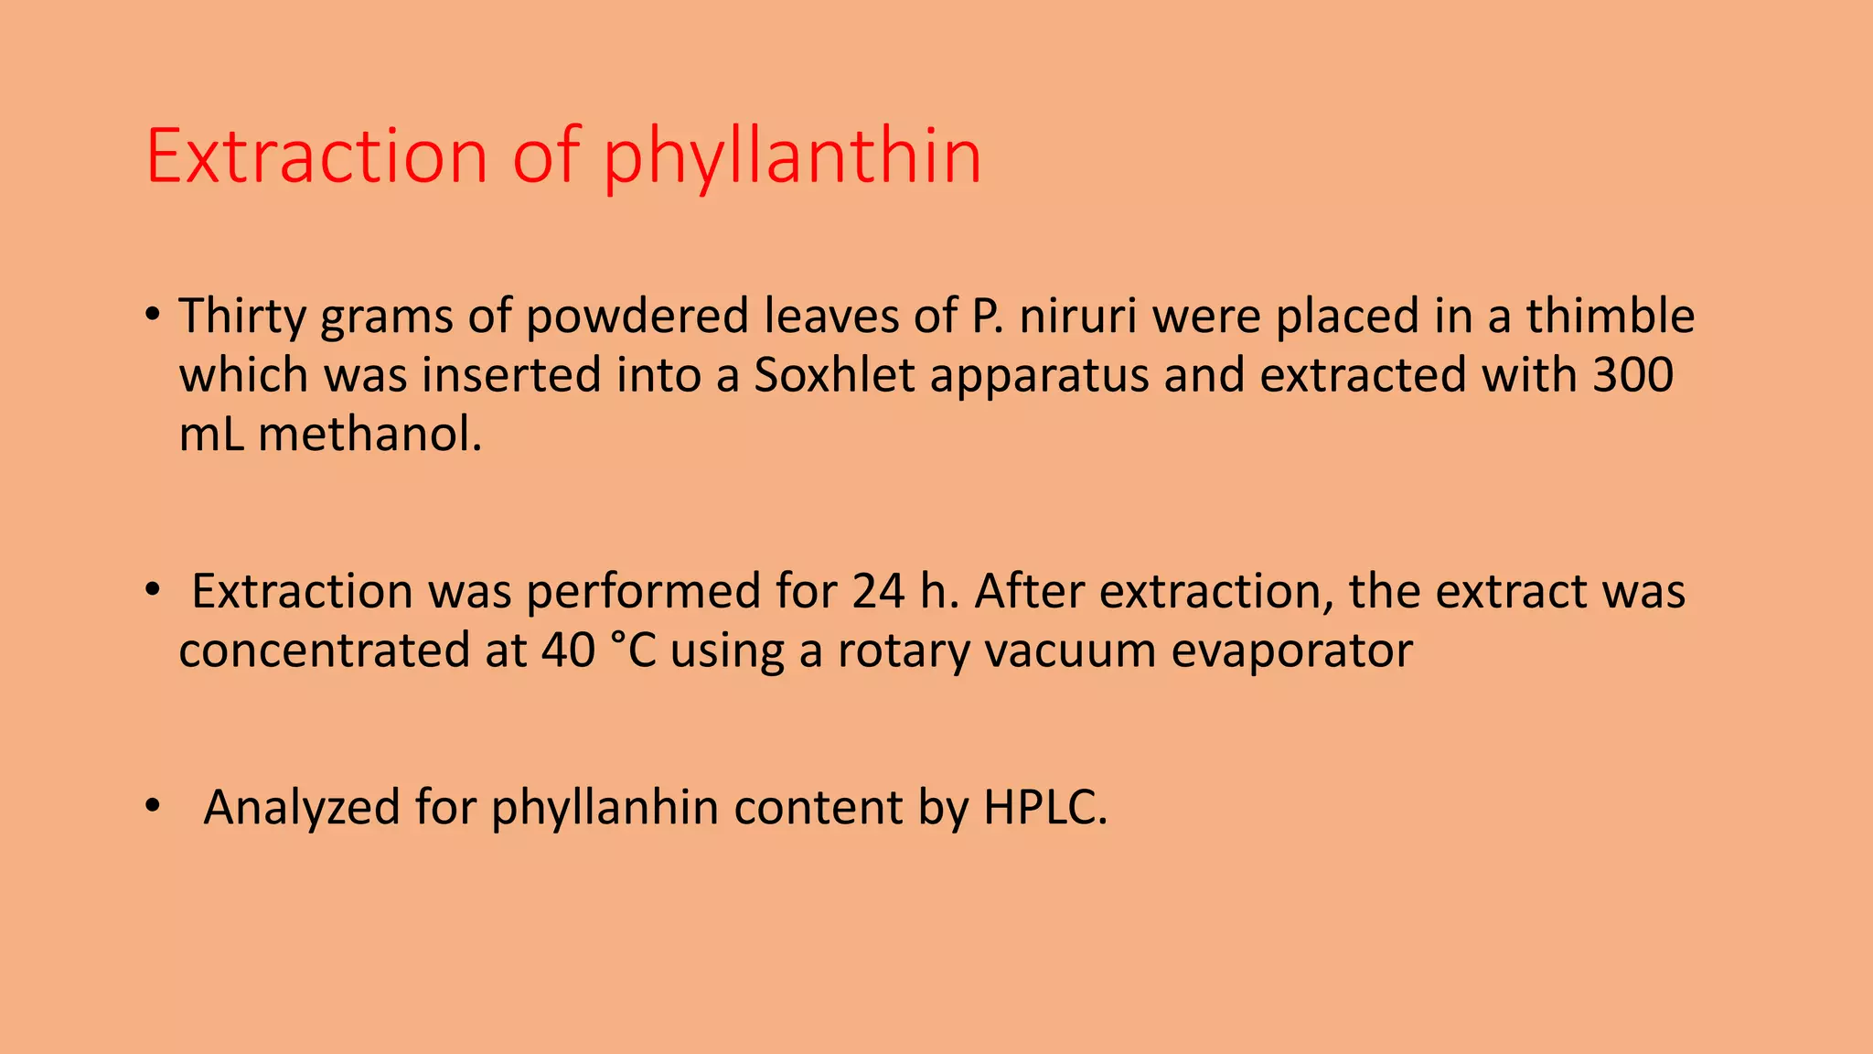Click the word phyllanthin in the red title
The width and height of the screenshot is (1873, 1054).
click(x=792, y=157)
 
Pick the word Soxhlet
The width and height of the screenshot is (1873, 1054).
click(x=833, y=375)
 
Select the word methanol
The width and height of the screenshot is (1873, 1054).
click(x=369, y=434)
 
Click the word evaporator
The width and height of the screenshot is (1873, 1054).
click(x=1292, y=651)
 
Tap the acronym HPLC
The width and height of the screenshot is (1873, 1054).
click(x=1044, y=808)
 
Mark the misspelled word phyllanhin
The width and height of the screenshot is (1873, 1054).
click(x=605, y=808)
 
